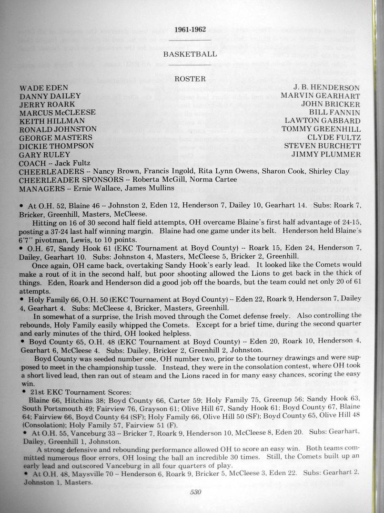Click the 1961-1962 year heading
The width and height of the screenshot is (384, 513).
click(x=190, y=30)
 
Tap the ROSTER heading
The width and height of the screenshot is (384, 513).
click(x=190, y=79)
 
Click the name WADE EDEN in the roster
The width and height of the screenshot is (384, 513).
click(x=44, y=88)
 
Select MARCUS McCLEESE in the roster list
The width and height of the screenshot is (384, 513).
click(x=58, y=113)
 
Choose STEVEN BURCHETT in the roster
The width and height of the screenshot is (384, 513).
click(x=322, y=146)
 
